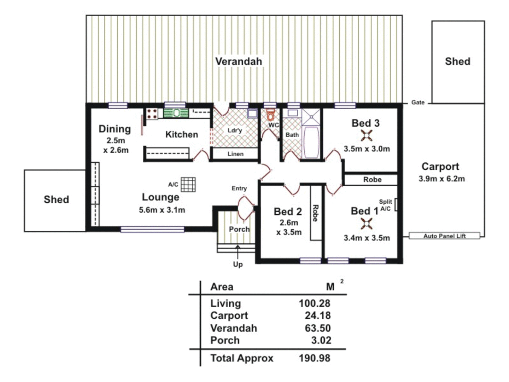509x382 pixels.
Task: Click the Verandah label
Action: tap(239, 61)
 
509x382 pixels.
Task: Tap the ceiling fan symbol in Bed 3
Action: tap(367, 135)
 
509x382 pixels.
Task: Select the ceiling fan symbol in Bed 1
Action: tap(367, 224)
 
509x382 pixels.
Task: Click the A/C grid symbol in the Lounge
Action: tap(188, 184)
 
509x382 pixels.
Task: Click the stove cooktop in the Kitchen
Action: tap(152, 114)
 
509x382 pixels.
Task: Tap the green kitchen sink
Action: tap(176, 113)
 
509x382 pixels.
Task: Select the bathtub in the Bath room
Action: tap(311, 142)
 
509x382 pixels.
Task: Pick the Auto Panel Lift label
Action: tap(444, 236)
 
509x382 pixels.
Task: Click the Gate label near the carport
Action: tap(417, 102)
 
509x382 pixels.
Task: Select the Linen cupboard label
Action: tap(235, 154)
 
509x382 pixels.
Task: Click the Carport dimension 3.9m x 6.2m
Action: tap(441, 179)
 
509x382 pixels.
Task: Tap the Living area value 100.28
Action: tap(314, 303)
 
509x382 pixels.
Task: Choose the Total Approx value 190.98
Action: tap(314, 358)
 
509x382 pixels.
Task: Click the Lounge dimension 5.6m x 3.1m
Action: tap(162, 210)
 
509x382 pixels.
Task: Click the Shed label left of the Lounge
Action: tap(56, 199)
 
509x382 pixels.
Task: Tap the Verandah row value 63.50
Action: tap(317, 328)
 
